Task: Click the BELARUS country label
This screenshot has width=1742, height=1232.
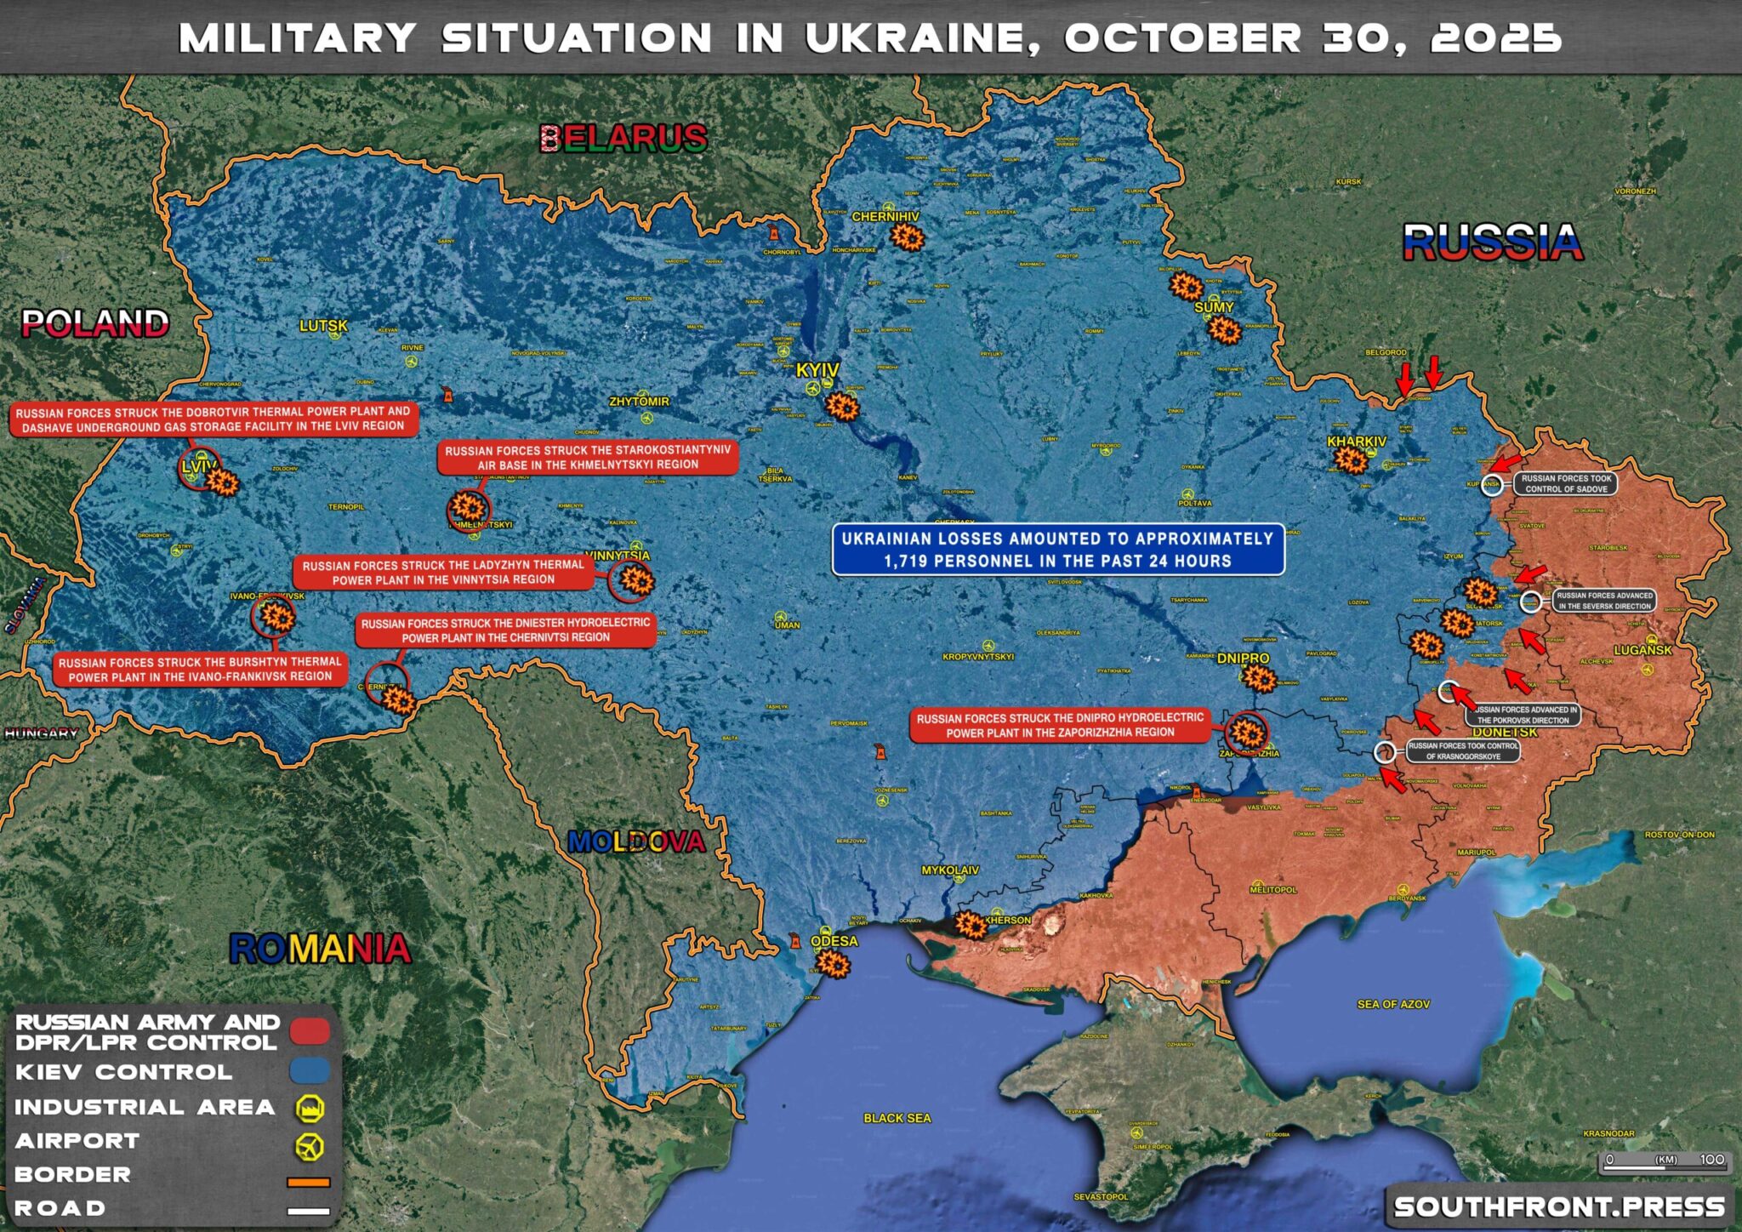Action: [623, 138]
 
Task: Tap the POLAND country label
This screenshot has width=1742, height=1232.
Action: [94, 323]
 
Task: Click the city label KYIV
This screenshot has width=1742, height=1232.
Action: [817, 370]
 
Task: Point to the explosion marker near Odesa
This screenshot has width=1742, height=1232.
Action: [834, 964]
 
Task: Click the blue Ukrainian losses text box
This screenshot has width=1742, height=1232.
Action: [1057, 550]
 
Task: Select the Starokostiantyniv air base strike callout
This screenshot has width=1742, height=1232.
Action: [587, 457]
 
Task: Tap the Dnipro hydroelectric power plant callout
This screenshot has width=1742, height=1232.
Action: [1060, 725]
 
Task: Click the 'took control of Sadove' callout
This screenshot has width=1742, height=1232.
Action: [1565, 483]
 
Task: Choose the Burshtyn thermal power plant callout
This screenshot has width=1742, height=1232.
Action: [200, 669]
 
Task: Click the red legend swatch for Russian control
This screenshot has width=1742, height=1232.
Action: [309, 1031]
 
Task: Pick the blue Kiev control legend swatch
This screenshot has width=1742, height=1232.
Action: [309, 1071]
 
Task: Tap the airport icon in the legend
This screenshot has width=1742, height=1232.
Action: [309, 1146]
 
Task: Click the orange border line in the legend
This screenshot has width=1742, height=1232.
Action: [308, 1182]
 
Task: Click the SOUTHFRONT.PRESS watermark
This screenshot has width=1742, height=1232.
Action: [1558, 1206]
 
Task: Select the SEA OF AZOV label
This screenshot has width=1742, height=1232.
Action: [1392, 1004]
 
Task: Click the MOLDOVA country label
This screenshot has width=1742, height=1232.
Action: [636, 842]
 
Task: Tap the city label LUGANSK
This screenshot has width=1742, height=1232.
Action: [1642, 650]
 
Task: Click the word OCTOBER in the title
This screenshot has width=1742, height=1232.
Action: [1182, 38]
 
